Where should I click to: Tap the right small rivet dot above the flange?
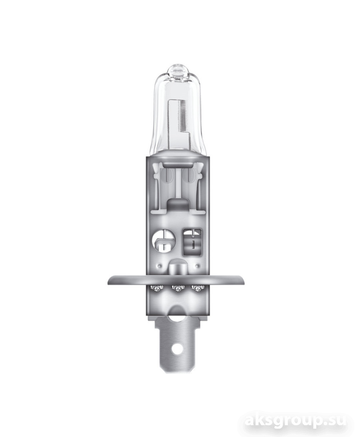(x=197, y=265)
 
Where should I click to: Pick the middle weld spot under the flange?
(x=178, y=288)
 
